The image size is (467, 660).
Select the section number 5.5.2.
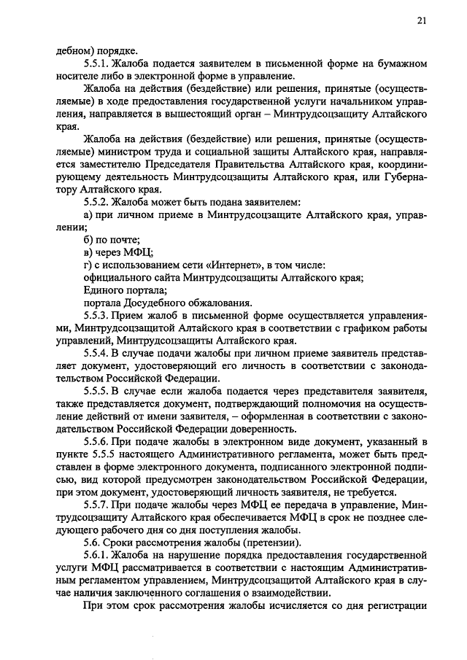98,201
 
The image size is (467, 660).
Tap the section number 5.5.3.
98,315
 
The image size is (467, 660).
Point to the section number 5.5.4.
98,353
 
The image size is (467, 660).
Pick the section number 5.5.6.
98,442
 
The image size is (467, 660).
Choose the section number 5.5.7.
98,505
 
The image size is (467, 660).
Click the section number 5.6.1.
98,556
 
